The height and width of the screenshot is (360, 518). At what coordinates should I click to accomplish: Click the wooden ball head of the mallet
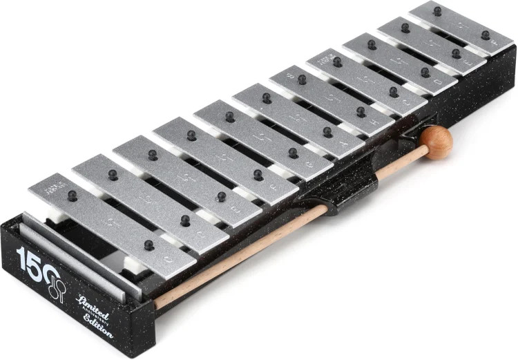[438, 142]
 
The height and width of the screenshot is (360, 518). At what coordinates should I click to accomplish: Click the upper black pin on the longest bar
[72, 196]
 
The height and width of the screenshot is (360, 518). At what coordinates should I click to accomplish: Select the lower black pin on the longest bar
[148, 245]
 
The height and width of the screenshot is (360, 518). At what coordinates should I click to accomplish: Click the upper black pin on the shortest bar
[437, 10]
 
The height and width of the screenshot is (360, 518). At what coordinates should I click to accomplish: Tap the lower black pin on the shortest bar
[486, 35]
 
